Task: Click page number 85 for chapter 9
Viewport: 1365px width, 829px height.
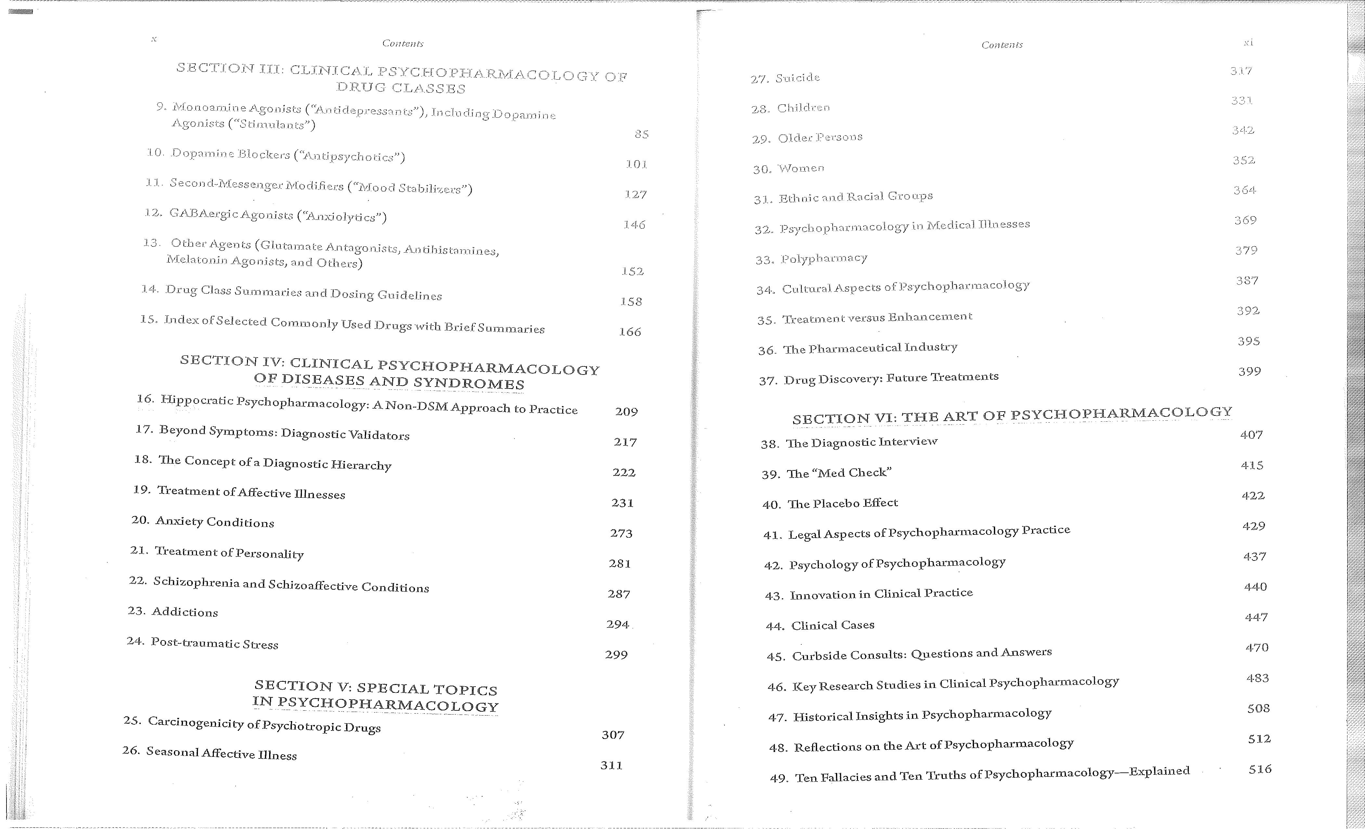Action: click(x=641, y=134)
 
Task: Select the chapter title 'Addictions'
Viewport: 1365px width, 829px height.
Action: click(x=185, y=612)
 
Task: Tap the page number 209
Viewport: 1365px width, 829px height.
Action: click(x=626, y=412)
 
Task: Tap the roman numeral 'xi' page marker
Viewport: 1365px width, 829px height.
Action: click(x=1248, y=42)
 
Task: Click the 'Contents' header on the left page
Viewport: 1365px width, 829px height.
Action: click(x=403, y=43)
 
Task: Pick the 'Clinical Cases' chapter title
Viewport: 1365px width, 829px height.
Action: click(x=833, y=625)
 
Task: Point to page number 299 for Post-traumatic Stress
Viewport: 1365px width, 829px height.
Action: click(x=616, y=654)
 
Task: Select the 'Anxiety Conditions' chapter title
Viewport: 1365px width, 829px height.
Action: click(x=215, y=522)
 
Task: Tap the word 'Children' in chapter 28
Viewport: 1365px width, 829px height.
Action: click(x=803, y=108)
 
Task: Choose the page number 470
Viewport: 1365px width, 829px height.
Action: click(x=1256, y=647)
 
